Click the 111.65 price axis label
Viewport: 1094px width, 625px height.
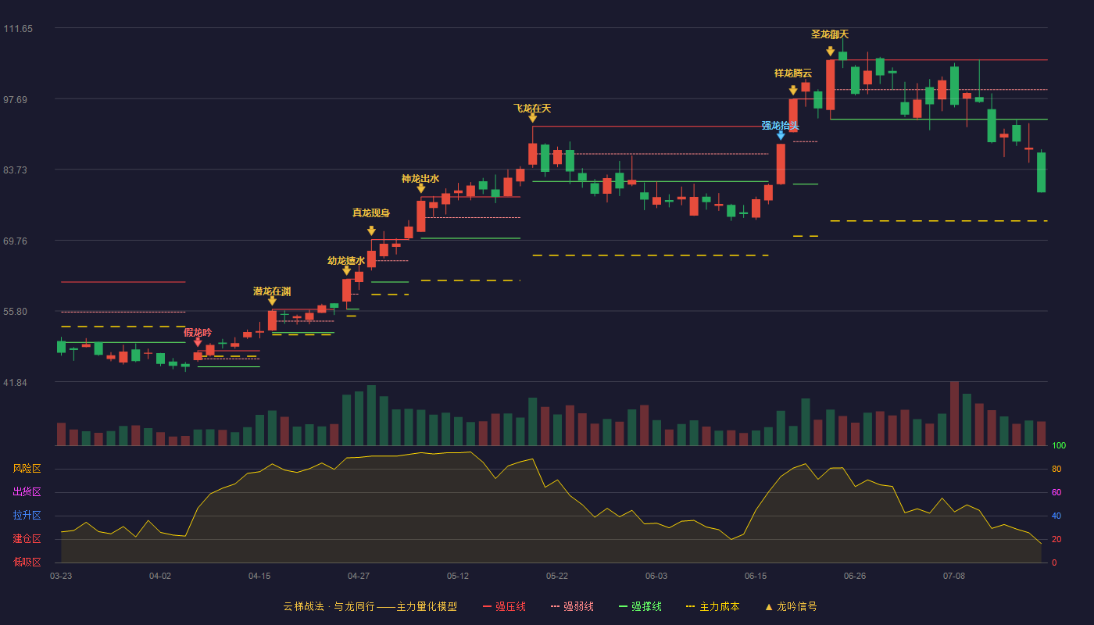18,29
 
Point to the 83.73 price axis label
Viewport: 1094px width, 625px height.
15,170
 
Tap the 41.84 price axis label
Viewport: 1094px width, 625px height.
15,382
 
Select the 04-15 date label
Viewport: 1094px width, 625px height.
259,577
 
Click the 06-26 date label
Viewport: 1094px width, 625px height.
855,577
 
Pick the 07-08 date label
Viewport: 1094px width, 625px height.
954,577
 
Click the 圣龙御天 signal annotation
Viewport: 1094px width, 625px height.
830,34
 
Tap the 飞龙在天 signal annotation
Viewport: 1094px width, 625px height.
532,108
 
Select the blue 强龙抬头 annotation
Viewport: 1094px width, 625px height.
781,126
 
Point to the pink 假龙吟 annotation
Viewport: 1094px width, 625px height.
198,333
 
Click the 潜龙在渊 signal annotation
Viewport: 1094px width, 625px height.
272,291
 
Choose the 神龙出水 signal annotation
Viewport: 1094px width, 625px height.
420,179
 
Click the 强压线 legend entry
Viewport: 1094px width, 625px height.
505,606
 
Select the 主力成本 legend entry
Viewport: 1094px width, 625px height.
713,606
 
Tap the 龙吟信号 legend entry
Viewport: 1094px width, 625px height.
791,606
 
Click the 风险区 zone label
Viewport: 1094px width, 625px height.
27,468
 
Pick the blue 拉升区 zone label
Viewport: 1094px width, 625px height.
27,515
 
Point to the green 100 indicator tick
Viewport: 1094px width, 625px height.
1059,445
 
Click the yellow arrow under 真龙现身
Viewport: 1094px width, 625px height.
371,230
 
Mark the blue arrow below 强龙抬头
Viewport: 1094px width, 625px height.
781,135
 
